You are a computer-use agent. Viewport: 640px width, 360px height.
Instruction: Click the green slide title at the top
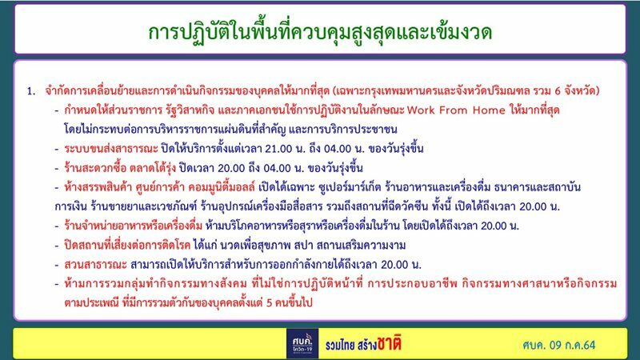(x=320, y=32)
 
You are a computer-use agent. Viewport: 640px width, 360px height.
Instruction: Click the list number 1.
(x=31, y=91)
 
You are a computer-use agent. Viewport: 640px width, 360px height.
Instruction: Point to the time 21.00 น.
(x=285, y=149)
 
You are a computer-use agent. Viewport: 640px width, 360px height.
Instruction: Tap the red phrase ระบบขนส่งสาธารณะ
(x=111, y=149)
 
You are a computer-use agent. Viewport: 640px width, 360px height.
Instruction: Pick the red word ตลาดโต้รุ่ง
(x=152, y=168)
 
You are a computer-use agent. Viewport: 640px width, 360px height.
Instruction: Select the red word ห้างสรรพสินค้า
(x=98, y=187)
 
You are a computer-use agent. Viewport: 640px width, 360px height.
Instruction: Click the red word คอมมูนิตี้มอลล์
(x=222, y=187)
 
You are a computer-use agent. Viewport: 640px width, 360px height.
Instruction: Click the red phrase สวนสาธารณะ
(x=95, y=265)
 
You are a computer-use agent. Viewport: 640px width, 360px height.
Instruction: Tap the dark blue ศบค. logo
(x=302, y=344)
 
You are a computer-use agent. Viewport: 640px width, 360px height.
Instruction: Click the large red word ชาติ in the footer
(x=389, y=344)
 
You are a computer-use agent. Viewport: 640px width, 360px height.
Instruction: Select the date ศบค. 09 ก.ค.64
(x=558, y=346)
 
